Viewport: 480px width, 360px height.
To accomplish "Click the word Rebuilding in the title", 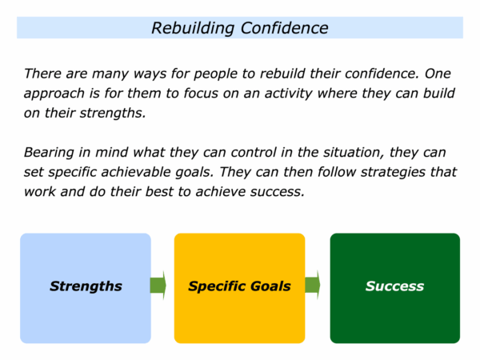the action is (x=193, y=28).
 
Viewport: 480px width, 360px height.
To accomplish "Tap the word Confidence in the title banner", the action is (x=284, y=28).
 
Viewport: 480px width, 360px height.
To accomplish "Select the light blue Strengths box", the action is (x=86, y=288).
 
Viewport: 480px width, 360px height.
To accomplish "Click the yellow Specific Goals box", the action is (x=239, y=288).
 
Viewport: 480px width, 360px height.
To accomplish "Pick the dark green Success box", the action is (x=395, y=288).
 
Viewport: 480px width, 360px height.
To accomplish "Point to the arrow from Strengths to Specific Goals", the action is (x=158, y=286).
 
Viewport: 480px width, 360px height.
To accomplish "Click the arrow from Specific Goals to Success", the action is (x=313, y=285).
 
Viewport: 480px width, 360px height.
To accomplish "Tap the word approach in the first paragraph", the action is (x=54, y=94).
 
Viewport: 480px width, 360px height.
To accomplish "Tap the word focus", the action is (x=201, y=94).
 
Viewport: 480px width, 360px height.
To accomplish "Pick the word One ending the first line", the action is (x=438, y=74).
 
